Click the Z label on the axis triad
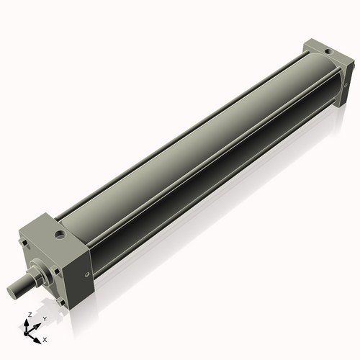point(28,315)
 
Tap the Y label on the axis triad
point(44,318)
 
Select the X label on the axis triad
point(45,338)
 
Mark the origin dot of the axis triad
point(29,332)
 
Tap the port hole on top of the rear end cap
point(328,52)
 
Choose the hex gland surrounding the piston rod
point(40,274)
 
